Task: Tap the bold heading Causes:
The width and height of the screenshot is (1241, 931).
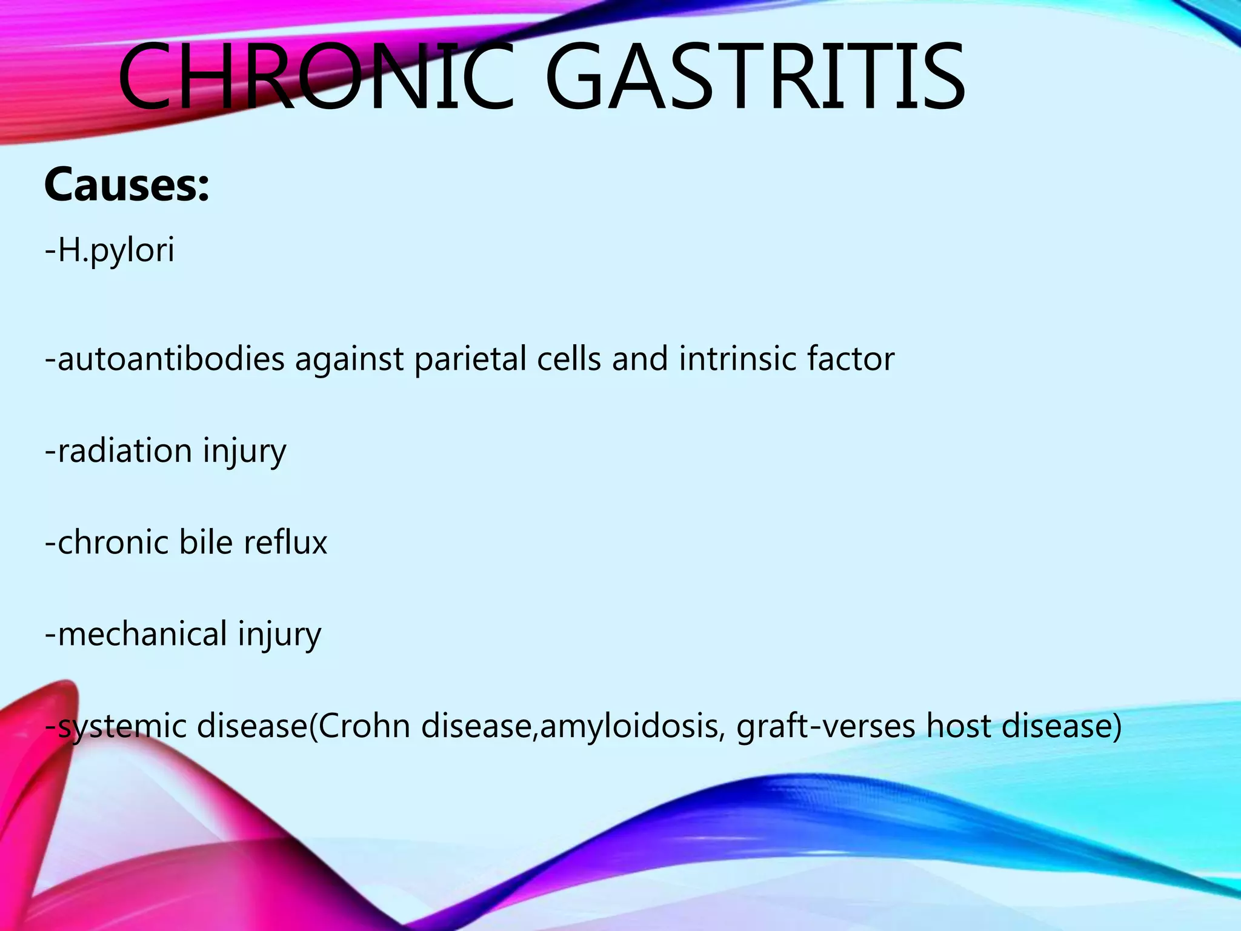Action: pyautogui.click(x=127, y=185)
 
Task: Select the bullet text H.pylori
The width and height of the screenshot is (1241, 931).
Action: pyautogui.click(x=115, y=250)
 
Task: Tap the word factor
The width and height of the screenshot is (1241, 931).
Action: pyautogui.click(x=851, y=359)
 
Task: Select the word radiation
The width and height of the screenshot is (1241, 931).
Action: pyautogui.click(x=125, y=451)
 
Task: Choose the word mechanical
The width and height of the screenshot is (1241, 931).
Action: pyautogui.click(x=142, y=635)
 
